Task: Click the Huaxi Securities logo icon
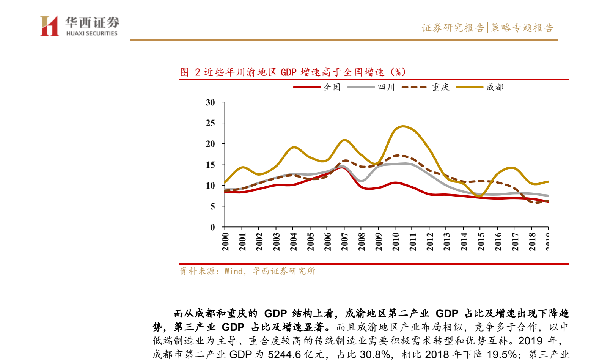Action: pyautogui.click(x=50, y=26)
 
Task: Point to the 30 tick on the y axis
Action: pyautogui.click(x=210, y=102)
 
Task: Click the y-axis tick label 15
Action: pyautogui.click(x=210, y=165)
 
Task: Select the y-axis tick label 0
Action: pyautogui.click(x=212, y=227)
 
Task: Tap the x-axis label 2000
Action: pyautogui.click(x=225, y=242)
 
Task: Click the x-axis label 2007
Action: pyautogui.click(x=344, y=242)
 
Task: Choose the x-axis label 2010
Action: pyautogui.click(x=396, y=242)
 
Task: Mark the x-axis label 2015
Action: pyautogui.click(x=481, y=242)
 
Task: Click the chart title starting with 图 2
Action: pyautogui.click(x=293, y=72)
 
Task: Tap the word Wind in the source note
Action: pyautogui.click(x=233, y=271)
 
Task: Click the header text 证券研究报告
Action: pyautogui.click(x=453, y=28)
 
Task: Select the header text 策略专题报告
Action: pyautogui.click(x=522, y=28)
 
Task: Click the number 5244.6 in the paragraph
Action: pyautogui.click(x=284, y=354)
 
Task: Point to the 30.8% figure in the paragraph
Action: pyautogui.click(x=375, y=354)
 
